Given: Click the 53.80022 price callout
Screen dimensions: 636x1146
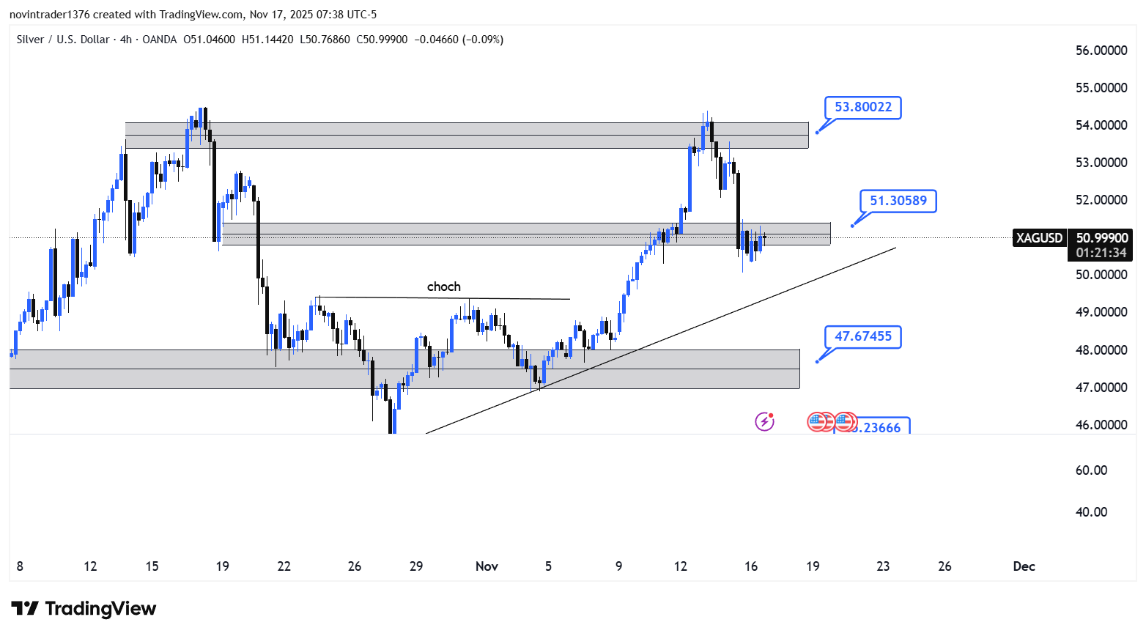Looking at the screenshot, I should pos(863,107).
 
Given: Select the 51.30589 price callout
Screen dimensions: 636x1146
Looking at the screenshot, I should pos(898,201).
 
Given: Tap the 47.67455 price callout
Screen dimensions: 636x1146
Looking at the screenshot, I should pos(863,336).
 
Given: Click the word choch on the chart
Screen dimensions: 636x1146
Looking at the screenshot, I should pos(444,286).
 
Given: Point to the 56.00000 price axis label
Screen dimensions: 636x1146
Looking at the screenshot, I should pos(1101,51).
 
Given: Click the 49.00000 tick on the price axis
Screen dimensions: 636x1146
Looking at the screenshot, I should pos(1101,312).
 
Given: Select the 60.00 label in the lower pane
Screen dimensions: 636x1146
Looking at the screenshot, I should pos(1091,470).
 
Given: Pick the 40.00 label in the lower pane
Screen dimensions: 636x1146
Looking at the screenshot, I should pos(1091,512).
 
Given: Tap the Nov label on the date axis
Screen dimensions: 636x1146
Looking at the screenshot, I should pos(487,566).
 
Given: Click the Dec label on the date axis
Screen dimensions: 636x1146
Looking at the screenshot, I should pos(1024,566).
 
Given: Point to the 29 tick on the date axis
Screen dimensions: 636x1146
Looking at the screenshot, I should pos(416,566).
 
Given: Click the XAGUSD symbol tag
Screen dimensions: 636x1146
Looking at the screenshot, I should pos(1039,238).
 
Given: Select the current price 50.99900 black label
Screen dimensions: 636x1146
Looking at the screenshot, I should pos(1101,238).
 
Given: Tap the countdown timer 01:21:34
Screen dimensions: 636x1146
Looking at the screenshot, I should pos(1101,254).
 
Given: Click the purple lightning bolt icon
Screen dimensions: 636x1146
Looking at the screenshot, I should pos(764,421).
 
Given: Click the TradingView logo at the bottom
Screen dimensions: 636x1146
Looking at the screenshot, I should pos(84,609).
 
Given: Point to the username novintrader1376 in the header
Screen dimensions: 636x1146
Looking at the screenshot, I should pos(49,15).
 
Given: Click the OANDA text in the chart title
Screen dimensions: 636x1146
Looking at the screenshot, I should pos(160,40).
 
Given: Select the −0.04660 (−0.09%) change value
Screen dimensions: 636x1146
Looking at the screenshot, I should pos(459,40).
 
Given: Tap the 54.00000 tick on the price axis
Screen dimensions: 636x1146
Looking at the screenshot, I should pos(1101,125).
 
